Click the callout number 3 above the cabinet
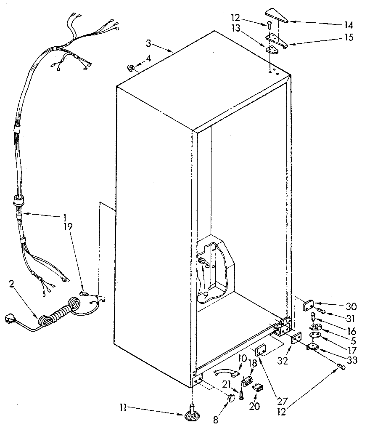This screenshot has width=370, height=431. [x=148, y=43]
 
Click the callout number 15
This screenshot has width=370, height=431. [x=349, y=37]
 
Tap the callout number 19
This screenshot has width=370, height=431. [x=68, y=226]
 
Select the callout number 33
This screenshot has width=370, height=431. [x=351, y=360]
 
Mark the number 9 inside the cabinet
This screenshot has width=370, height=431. [x=205, y=295]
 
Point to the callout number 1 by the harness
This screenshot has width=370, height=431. [x=65, y=218]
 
